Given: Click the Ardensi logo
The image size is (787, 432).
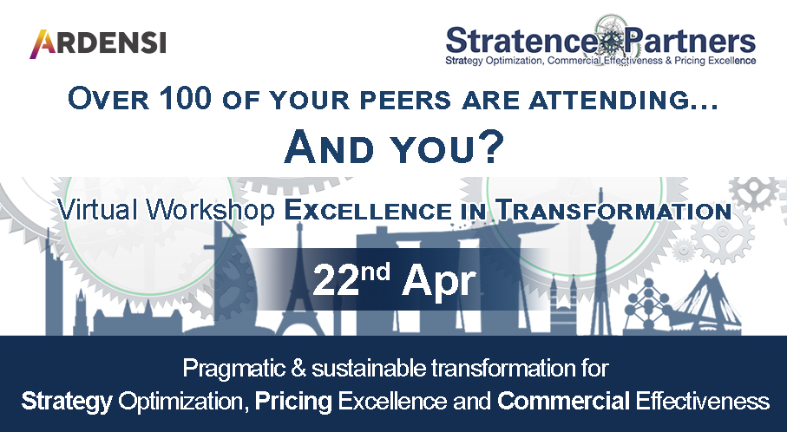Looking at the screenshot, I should pos(97,41).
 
